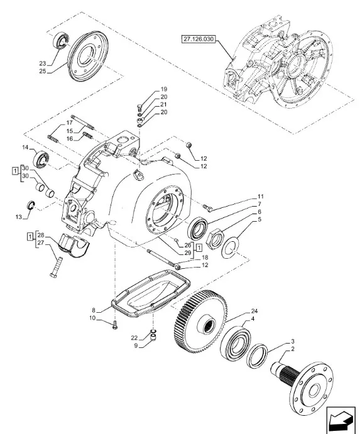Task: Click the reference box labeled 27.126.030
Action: coord(199,39)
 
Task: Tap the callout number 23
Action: coord(43,63)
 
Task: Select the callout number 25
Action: coord(43,72)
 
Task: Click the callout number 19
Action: coord(163,89)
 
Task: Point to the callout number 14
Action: coord(25,148)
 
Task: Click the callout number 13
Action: coord(19,217)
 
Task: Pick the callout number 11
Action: coord(260,197)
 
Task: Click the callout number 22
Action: coord(134,338)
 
